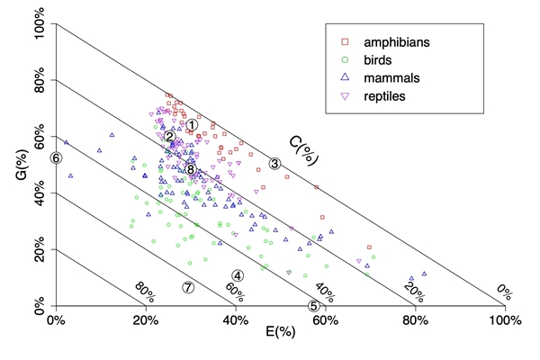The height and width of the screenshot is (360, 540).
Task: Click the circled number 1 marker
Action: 192,125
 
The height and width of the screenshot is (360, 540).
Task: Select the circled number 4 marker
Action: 238,275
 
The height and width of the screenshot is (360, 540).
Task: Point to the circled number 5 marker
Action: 314,305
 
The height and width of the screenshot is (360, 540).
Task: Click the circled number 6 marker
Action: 56,157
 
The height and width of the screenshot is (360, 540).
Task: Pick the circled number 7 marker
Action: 188,287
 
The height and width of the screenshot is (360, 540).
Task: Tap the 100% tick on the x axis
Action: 504,319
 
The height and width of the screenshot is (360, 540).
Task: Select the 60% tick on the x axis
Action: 325,319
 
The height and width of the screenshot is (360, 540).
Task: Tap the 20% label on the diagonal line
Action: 413,291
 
